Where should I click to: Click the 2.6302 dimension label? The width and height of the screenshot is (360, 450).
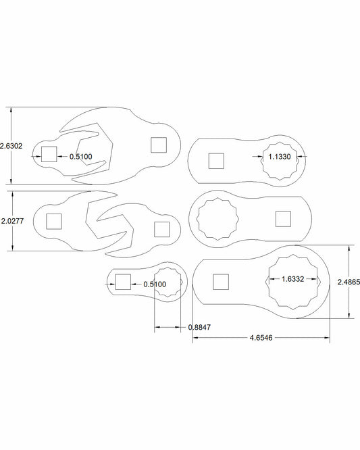(x=11, y=146)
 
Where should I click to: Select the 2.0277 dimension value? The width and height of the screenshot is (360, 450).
(x=12, y=221)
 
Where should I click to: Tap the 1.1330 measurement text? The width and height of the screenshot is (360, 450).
(x=280, y=157)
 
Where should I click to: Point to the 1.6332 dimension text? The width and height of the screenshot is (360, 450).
(x=292, y=279)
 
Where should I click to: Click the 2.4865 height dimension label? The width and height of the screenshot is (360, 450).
(x=349, y=282)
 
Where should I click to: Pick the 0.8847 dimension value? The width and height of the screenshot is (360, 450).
(x=199, y=327)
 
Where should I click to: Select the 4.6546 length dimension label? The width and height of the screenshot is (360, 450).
(x=261, y=338)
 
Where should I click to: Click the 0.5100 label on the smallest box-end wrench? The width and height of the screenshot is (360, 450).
(x=155, y=284)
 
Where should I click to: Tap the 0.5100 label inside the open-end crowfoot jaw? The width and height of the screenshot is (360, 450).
(x=81, y=157)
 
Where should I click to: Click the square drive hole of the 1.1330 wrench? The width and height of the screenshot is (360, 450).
(x=216, y=161)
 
